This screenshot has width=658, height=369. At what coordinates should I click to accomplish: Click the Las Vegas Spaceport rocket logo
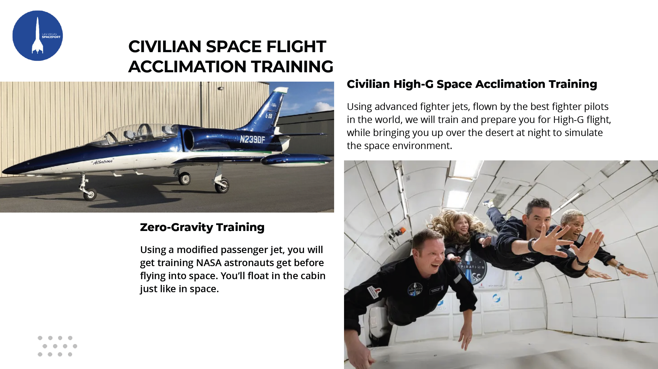click(x=38, y=36)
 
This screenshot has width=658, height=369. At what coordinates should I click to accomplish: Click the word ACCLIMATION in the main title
click(x=187, y=67)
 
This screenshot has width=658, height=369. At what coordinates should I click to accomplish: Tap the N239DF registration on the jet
click(x=252, y=139)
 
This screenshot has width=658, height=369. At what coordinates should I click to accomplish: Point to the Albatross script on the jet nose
click(x=102, y=162)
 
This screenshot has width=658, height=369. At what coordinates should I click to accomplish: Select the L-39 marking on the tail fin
click(x=269, y=116)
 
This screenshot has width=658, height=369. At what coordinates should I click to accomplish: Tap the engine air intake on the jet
click(x=189, y=139)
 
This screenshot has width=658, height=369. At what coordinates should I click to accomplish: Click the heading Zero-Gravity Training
click(x=202, y=227)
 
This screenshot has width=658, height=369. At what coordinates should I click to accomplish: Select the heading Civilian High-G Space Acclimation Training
click(x=472, y=84)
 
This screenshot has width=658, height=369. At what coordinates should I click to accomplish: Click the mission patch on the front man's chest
click(x=415, y=289)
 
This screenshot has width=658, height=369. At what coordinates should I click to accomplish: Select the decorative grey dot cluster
click(x=57, y=346)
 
